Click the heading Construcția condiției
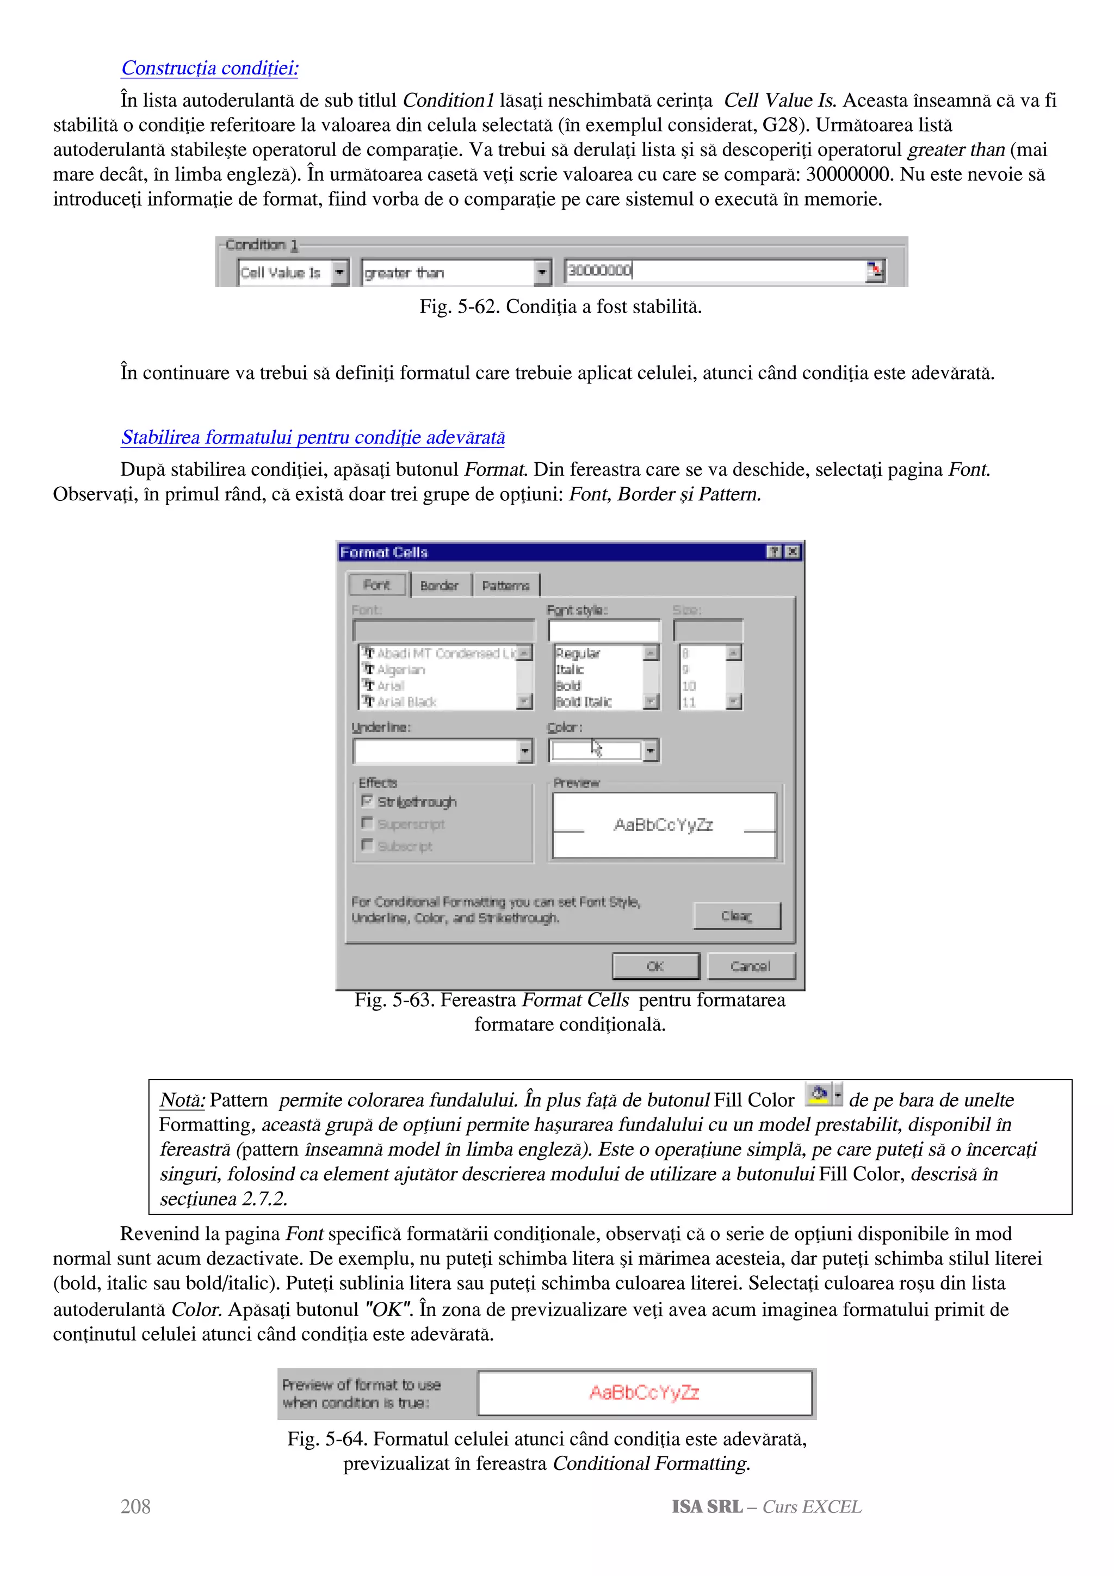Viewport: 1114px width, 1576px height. click(x=209, y=68)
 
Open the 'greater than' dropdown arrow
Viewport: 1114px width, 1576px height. click(x=542, y=272)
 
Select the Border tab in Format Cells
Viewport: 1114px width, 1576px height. click(x=440, y=586)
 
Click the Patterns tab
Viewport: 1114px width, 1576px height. click(x=506, y=586)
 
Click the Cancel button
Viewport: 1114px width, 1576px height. click(x=751, y=966)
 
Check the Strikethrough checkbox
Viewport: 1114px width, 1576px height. click(x=367, y=801)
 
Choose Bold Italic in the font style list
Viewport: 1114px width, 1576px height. click(x=584, y=702)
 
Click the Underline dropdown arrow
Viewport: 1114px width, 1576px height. click(x=525, y=751)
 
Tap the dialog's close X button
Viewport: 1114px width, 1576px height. click(x=793, y=552)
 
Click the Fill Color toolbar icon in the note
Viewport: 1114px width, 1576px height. click(x=818, y=1094)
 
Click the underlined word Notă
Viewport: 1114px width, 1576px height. click(x=182, y=1100)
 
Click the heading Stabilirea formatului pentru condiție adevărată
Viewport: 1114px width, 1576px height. click(x=313, y=437)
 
